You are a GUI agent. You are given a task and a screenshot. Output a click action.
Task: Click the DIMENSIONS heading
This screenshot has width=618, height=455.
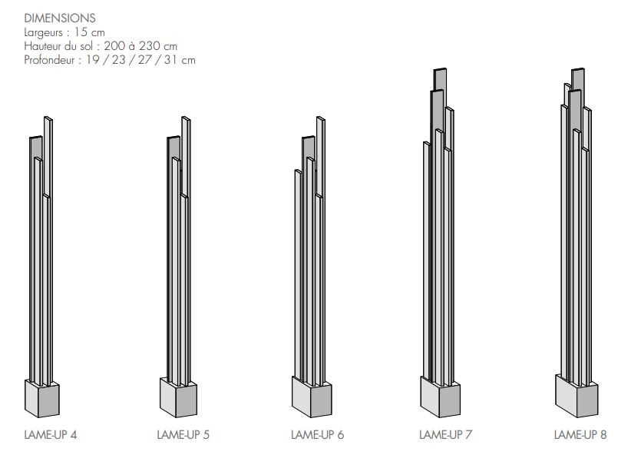[60, 18]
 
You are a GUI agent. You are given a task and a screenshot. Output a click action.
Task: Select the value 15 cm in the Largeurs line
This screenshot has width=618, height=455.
[90, 32]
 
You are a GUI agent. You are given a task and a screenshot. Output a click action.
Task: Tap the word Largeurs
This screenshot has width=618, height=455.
[43, 33]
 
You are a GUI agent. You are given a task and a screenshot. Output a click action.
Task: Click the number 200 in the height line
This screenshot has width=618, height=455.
[114, 46]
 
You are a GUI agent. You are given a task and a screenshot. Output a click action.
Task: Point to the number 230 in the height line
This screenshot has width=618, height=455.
[149, 46]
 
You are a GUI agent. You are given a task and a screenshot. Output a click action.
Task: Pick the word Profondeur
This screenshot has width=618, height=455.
[49, 60]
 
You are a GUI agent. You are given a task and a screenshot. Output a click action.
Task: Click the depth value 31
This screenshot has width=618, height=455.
[170, 60]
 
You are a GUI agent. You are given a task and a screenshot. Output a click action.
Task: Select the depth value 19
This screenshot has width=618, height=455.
[93, 60]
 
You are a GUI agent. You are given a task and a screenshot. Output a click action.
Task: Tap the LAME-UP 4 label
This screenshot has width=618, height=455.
[51, 435]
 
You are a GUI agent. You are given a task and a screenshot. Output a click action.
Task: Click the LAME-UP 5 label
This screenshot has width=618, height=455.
[183, 435]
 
